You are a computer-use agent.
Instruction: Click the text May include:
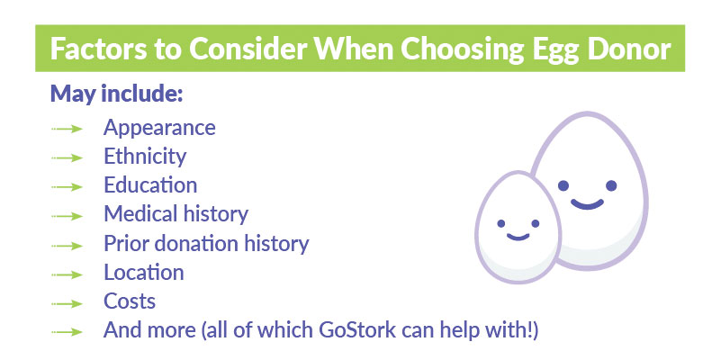pos(117,94)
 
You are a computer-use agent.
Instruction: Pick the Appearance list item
pos(159,129)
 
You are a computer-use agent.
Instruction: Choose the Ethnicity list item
pos(145,157)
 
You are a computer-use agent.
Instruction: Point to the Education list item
pos(150,184)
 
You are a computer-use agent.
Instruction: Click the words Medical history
pos(176,214)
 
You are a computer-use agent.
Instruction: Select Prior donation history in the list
pos(206,244)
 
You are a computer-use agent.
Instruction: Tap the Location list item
pos(144,272)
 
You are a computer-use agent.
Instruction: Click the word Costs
pos(130,301)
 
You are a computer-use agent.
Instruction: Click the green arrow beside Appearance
pos(68,130)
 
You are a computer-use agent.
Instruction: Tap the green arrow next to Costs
pos(68,304)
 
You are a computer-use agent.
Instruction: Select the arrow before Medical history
pos(68,216)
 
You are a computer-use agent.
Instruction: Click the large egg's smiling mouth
pos(587,205)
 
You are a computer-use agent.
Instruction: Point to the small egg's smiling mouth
pos(518,238)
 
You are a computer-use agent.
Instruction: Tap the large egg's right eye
pos(611,185)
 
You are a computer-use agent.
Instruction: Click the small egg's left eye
pos(501,223)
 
